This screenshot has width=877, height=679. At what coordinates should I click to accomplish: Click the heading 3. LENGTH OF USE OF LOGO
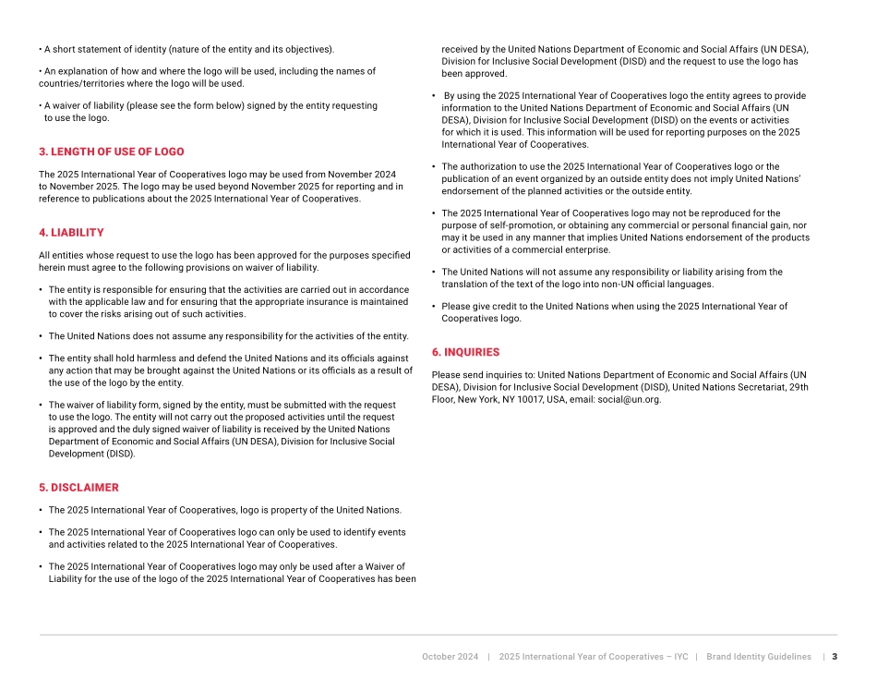(111, 152)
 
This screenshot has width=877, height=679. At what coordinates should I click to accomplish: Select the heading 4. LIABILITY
(71, 233)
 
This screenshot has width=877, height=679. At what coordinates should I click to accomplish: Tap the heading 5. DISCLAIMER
(78, 488)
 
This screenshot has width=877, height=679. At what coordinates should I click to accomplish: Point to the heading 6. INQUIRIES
(465, 352)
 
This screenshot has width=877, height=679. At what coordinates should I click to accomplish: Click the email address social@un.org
(629, 400)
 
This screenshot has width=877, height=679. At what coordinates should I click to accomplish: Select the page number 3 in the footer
(835, 657)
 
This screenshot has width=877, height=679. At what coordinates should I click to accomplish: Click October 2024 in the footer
(450, 657)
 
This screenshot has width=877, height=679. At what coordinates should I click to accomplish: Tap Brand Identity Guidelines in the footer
(758, 657)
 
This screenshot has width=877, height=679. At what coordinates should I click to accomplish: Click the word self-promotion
(516, 225)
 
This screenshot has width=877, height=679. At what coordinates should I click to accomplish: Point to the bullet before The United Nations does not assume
(41, 336)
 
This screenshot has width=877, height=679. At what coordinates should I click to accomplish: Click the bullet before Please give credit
(434, 307)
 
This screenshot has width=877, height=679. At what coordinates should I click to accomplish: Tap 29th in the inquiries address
(799, 388)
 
